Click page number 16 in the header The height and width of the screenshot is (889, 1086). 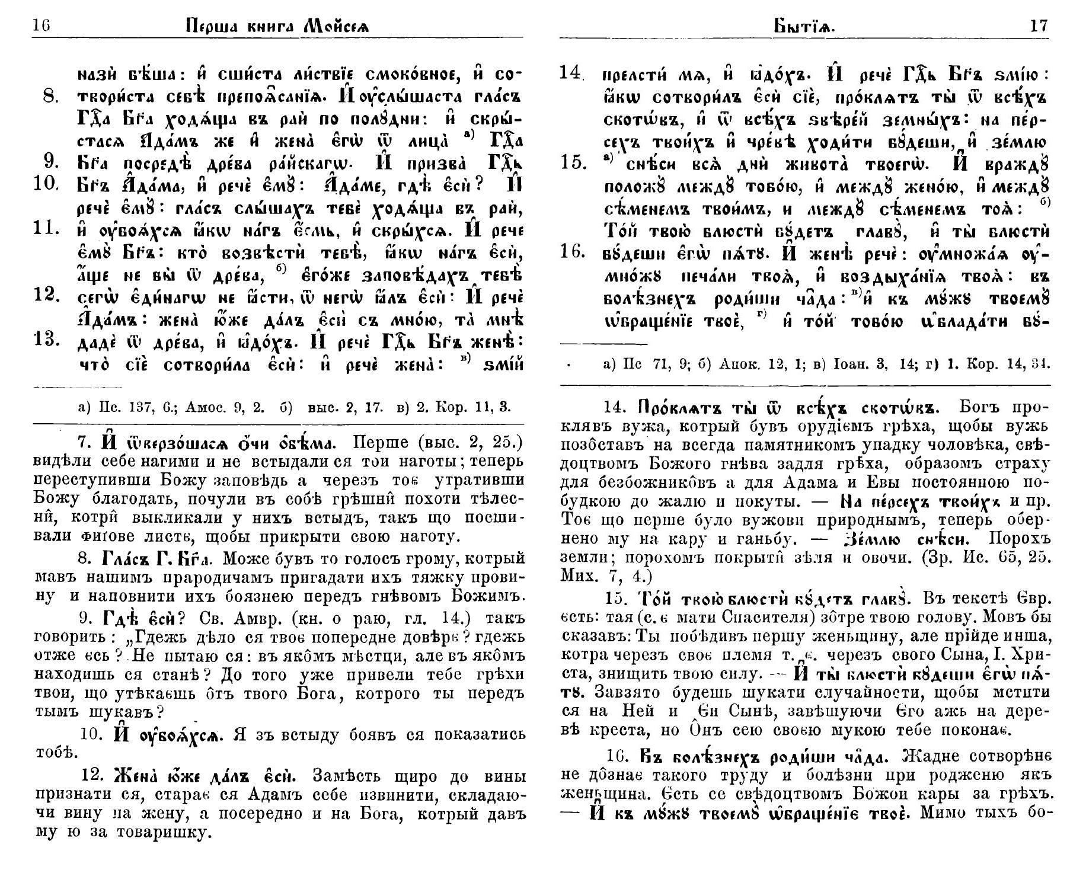coord(41,26)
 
